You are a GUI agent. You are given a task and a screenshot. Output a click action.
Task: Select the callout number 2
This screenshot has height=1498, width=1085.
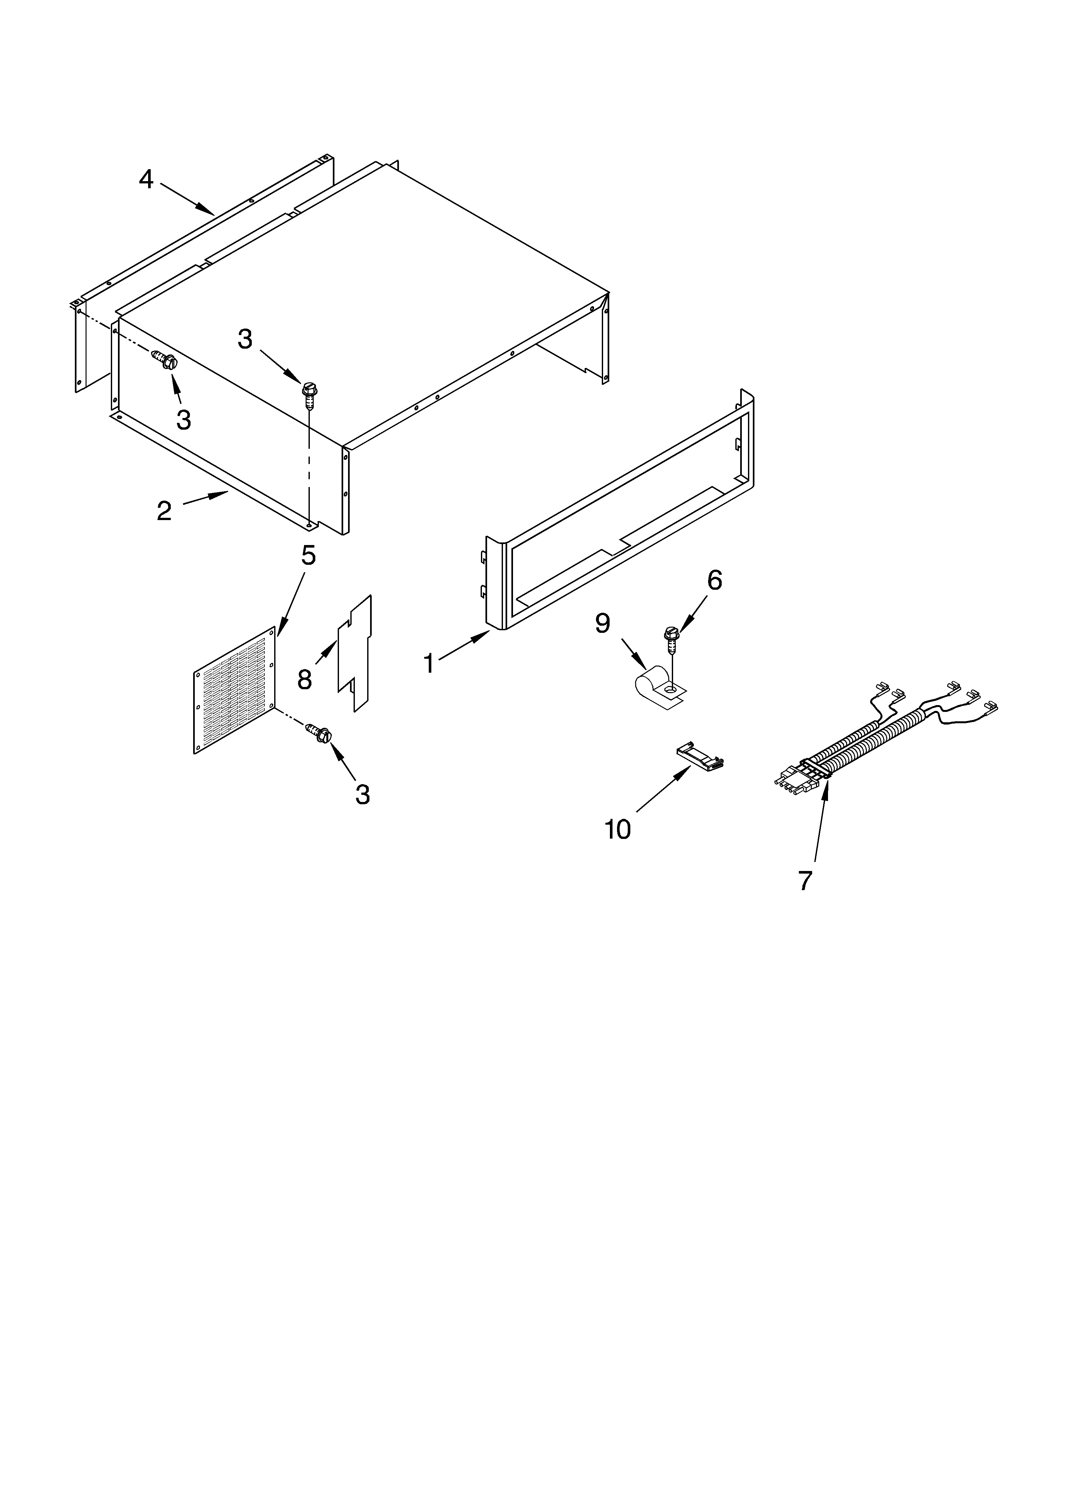[164, 511]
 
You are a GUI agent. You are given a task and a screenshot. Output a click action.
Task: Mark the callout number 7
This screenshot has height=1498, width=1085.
[804, 880]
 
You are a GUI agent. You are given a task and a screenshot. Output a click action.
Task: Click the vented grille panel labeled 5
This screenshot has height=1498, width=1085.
[235, 690]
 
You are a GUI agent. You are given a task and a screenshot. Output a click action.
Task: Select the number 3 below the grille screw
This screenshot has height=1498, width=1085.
[362, 795]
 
